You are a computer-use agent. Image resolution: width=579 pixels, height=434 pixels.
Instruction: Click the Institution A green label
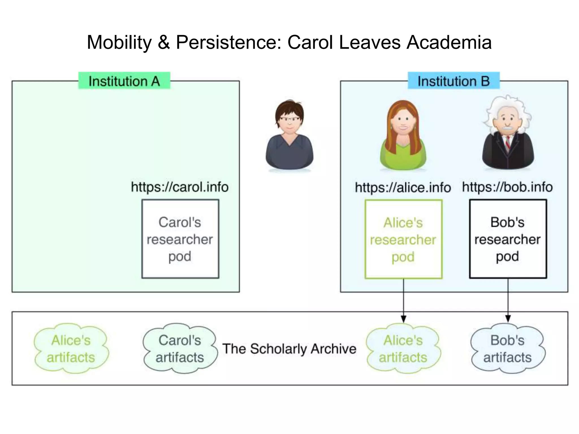pos(124,81)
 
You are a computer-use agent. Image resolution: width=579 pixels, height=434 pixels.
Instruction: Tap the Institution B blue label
pos(453,81)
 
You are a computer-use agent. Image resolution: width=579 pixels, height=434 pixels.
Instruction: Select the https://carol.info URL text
pos(180,187)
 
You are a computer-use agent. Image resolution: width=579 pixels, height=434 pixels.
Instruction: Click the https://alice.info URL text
pos(403,188)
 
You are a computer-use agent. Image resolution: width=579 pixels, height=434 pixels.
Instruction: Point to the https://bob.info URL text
pos(507,187)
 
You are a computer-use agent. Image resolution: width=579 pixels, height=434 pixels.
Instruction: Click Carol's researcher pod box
pos(180,239)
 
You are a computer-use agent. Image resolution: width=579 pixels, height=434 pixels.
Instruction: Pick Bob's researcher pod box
pos(508,239)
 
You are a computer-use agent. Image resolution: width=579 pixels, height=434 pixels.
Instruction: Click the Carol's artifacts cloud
pos(180,349)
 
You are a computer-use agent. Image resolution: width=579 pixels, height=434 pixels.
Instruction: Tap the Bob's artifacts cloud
pos(507,349)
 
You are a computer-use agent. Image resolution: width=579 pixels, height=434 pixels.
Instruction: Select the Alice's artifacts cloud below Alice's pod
pos(403,349)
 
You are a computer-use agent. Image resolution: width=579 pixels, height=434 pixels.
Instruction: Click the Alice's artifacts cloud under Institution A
pos(71,349)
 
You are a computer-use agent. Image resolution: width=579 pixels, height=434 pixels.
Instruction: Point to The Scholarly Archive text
pos(289,349)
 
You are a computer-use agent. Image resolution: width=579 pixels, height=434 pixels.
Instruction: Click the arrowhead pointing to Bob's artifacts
pos(508,319)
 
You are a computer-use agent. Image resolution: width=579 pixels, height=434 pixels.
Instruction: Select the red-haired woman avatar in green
pos(403,136)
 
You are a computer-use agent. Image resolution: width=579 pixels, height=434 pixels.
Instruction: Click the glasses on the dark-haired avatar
pos(289,119)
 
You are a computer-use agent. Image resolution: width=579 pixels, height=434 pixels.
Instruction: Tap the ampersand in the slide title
pos(164,42)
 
